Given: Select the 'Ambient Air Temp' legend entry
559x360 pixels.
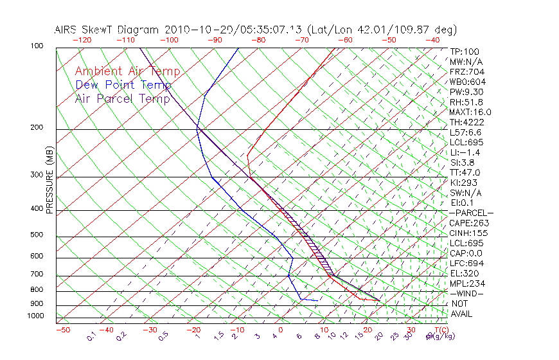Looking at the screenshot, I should (127, 71).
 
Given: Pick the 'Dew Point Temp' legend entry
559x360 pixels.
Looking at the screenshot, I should (123, 85).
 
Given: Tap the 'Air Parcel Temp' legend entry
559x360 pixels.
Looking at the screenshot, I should (123, 99).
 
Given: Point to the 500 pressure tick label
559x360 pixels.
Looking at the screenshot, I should (37, 235).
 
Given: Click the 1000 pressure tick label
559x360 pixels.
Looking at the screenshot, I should (35, 316).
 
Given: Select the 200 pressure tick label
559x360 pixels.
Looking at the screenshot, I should (37, 128).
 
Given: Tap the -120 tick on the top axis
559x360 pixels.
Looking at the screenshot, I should (82, 40).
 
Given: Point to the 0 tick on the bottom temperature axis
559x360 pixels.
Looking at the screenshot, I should (280, 330).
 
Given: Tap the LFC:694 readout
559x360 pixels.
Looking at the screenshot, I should (466, 264).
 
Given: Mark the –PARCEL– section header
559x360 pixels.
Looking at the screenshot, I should (471, 213).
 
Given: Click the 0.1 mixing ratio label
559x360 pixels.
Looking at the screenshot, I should (92, 336).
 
